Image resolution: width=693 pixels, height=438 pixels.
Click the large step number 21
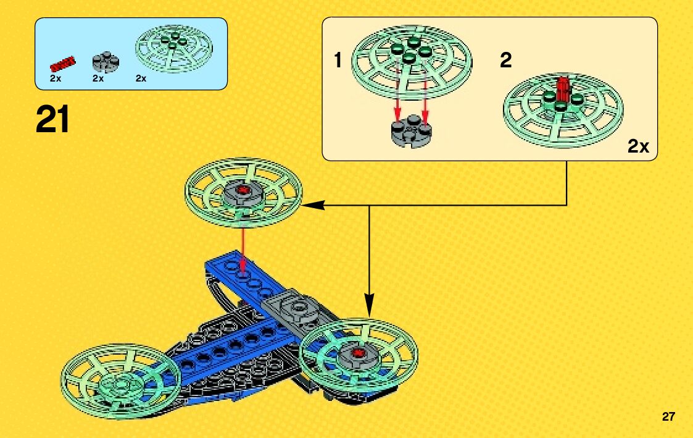pos(53,120)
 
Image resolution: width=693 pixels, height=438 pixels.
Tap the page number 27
pos(668,416)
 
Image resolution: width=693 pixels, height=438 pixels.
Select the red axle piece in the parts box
pos(62,62)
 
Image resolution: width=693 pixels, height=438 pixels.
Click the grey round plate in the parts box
pos(106,62)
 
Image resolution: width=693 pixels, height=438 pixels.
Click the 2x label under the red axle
pos(55,78)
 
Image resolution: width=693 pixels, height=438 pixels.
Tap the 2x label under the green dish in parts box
pos(141,78)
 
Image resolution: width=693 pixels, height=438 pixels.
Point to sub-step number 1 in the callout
pos(338,61)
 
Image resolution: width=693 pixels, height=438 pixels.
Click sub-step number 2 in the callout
pos(505,61)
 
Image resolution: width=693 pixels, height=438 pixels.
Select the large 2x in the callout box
pos(638,146)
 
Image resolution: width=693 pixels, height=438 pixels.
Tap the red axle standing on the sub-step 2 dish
pos(562,90)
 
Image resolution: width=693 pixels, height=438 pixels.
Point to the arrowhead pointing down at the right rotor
pos(369,310)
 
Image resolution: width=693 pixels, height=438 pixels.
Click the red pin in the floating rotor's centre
pos(244,189)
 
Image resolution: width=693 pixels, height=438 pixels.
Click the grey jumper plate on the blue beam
pos(296,307)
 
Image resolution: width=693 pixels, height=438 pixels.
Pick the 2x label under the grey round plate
pos(98,78)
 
